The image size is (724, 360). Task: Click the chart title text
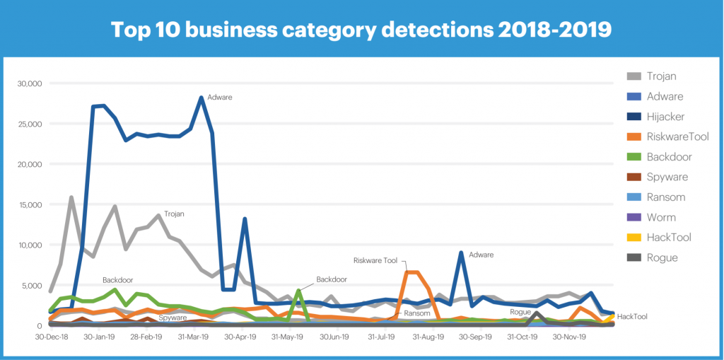[361, 29]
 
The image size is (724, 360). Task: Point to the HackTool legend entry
[668, 238]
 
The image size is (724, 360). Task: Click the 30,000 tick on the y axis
[29, 83]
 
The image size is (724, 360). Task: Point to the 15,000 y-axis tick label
[29, 204]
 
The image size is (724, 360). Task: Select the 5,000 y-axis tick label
[31, 286]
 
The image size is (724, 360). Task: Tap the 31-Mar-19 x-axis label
[194, 337]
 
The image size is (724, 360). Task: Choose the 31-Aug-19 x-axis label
[429, 337]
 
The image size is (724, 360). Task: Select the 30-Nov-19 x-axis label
[570, 337]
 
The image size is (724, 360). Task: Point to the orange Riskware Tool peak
[412, 272]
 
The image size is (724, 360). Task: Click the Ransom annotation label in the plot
[417, 313]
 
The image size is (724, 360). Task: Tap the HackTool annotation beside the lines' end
[632, 317]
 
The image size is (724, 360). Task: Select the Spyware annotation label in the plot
[172, 318]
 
